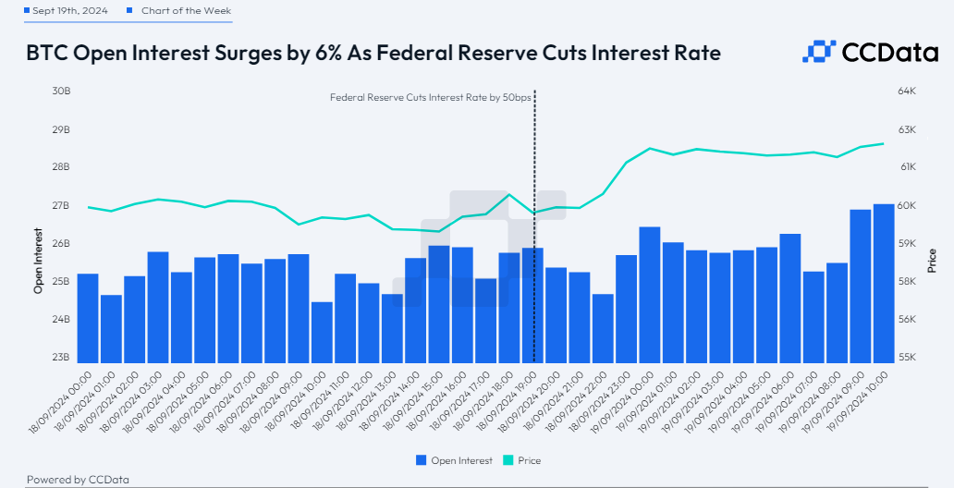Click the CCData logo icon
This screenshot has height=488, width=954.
[819, 53]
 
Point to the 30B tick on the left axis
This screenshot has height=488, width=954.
[61, 91]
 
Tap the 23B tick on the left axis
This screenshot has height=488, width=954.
[61, 358]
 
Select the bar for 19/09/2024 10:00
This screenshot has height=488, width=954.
[884, 283]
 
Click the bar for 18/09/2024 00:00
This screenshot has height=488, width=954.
[88, 318]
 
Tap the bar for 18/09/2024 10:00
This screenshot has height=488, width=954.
[322, 332]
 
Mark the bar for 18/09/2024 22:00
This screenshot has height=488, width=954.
[603, 328]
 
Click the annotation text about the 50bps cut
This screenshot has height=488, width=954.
[430, 98]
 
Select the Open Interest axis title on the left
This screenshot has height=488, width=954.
[39, 261]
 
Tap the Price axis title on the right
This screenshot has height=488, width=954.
[932, 261]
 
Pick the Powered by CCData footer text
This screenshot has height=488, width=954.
[78, 480]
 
